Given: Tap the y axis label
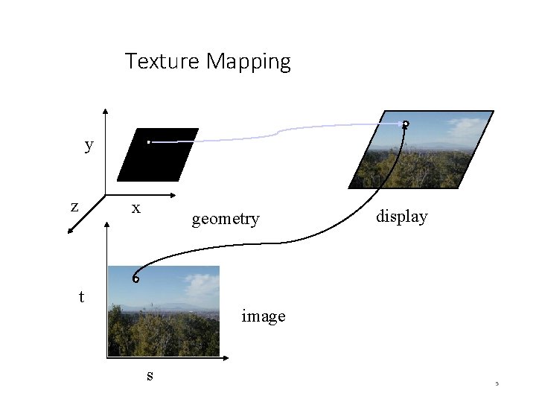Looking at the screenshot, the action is (89, 145).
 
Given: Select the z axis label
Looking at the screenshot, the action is (74, 206).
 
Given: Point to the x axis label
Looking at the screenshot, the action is (136, 208).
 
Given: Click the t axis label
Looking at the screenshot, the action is (81, 297).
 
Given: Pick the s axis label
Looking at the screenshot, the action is (150, 375).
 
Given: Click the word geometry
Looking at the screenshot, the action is (226, 219).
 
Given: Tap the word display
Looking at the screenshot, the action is (402, 217).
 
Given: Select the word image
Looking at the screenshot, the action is (264, 316).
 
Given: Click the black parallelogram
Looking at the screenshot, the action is (164, 155).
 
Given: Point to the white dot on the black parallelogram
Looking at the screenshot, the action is (148, 141).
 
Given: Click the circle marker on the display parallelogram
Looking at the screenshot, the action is (406, 124).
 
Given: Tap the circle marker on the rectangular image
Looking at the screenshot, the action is (135, 279).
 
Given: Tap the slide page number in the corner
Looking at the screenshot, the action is (496, 385).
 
